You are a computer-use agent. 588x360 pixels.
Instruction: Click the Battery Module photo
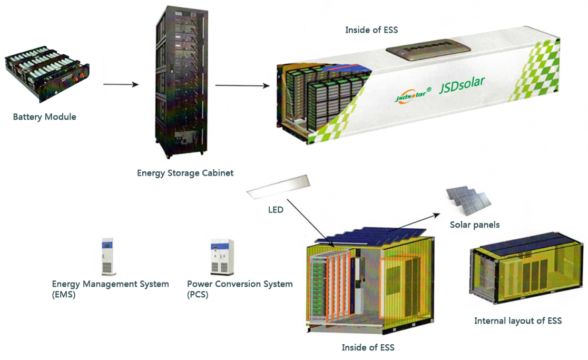(x=47, y=73)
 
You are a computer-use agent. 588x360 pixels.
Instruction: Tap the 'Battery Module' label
(x=45, y=117)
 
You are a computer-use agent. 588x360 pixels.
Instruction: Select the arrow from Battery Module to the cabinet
(x=121, y=84)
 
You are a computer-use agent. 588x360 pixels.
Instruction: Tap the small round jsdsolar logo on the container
(x=413, y=94)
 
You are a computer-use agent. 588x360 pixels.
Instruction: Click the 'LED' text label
(x=276, y=210)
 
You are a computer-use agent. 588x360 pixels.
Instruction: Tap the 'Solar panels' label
(x=475, y=225)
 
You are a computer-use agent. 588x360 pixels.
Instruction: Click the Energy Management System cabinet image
(x=108, y=257)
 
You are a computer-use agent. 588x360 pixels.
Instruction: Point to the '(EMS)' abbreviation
(x=64, y=295)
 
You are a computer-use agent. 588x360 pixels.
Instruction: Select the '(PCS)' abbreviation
(x=198, y=295)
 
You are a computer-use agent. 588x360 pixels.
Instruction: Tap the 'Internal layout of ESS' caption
(x=518, y=320)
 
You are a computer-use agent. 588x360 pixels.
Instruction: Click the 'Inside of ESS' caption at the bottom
(x=368, y=347)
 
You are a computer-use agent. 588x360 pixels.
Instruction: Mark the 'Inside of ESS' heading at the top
(x=371, y=30)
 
